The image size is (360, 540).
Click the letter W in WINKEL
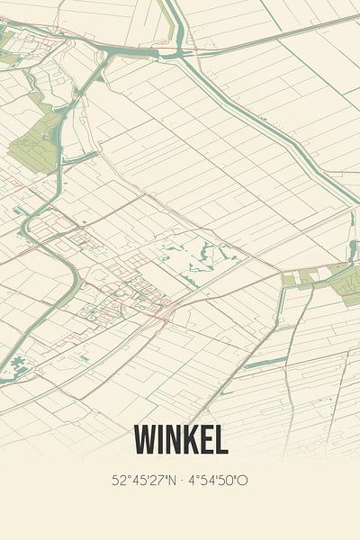pyautogui.click(x=148, y=440)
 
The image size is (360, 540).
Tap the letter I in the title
pyautogui.click(x=165, y=440)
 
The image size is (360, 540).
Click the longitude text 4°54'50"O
pyautogui.click(x=219, y=481)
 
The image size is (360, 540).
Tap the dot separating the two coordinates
pyautogui.click(x=184, y=481)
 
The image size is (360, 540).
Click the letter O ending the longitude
pyautogui.click(x=243, y=481)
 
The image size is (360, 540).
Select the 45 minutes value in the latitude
pyautogui.click(x=139, y=481)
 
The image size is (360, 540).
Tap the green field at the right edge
pyautogui.click(x=346, y=285)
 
